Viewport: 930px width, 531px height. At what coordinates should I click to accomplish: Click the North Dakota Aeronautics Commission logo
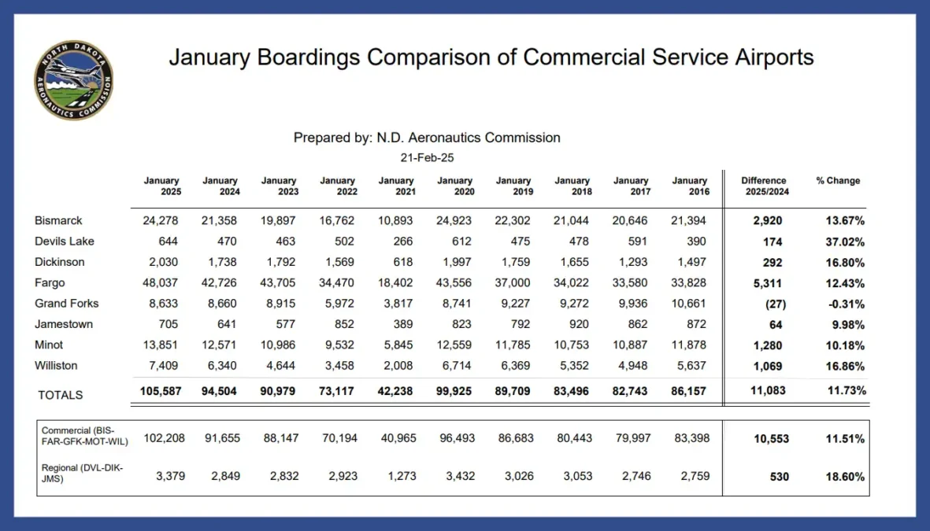pyautogui.click(x=73, y=80)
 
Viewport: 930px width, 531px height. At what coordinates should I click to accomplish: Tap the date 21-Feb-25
pyautogui.click(x=427, y=157)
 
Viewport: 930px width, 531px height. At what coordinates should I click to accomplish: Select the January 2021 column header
pyautogui.click(x=396, y=186)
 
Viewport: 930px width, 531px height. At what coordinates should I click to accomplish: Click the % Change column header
pyautogui.click(x=838, y=181)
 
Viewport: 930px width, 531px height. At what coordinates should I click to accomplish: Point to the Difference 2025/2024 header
pyautogui.click(x=764, y=186)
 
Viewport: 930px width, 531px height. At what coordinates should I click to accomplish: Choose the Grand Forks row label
pyautogui.click(x=66, y=304)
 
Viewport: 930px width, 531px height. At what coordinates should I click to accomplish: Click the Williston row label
pyautogui.click(x=56, y=366)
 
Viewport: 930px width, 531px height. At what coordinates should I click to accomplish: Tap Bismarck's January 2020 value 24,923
pyautogui.click(x=454, y=221)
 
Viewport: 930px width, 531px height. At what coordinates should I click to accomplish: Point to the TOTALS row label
pyautogui.click(x=61, y=395)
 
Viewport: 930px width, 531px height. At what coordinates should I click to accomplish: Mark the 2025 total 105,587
pyautogui.click(x=161, y=391)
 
